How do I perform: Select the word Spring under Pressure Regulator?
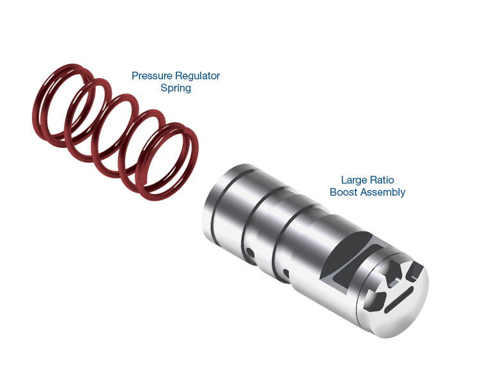[x=176, y=88]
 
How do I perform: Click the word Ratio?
[x=382, y=180]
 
